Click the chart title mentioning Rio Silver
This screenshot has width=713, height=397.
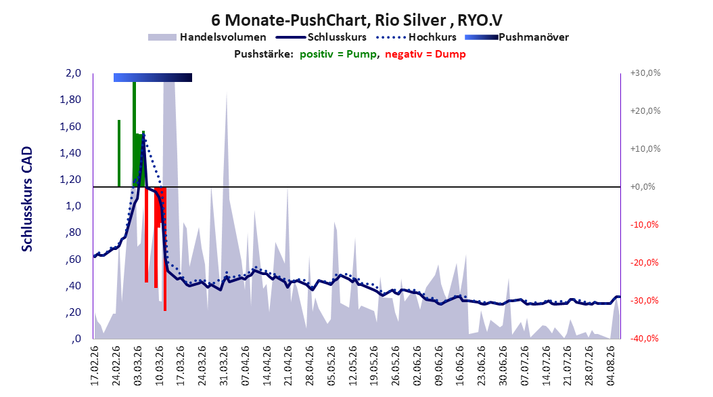(356, 20)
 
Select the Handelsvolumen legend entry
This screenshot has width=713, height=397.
(207, 37)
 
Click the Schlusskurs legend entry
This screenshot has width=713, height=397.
(321, 37)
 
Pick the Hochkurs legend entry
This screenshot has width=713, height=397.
(416, 37)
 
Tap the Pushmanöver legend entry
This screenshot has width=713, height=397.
(517, 37)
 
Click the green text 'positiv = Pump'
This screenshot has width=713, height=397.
(338, 54)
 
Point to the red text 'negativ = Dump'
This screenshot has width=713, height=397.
(425, 54)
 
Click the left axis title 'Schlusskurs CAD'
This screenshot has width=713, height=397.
(27, 198)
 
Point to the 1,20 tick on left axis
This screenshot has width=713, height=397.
(70, 180)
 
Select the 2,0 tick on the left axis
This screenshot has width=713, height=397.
(73, 73)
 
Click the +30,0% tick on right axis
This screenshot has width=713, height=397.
(645, 73)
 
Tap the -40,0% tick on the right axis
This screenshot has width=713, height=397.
(644, 338)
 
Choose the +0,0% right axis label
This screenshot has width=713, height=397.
(643, 187)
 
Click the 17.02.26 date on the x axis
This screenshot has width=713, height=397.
(95, 366)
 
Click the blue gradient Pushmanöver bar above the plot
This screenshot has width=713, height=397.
(153, 77)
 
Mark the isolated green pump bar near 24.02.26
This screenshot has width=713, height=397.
(119, 153)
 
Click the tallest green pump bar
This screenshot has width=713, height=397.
(134, 134)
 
